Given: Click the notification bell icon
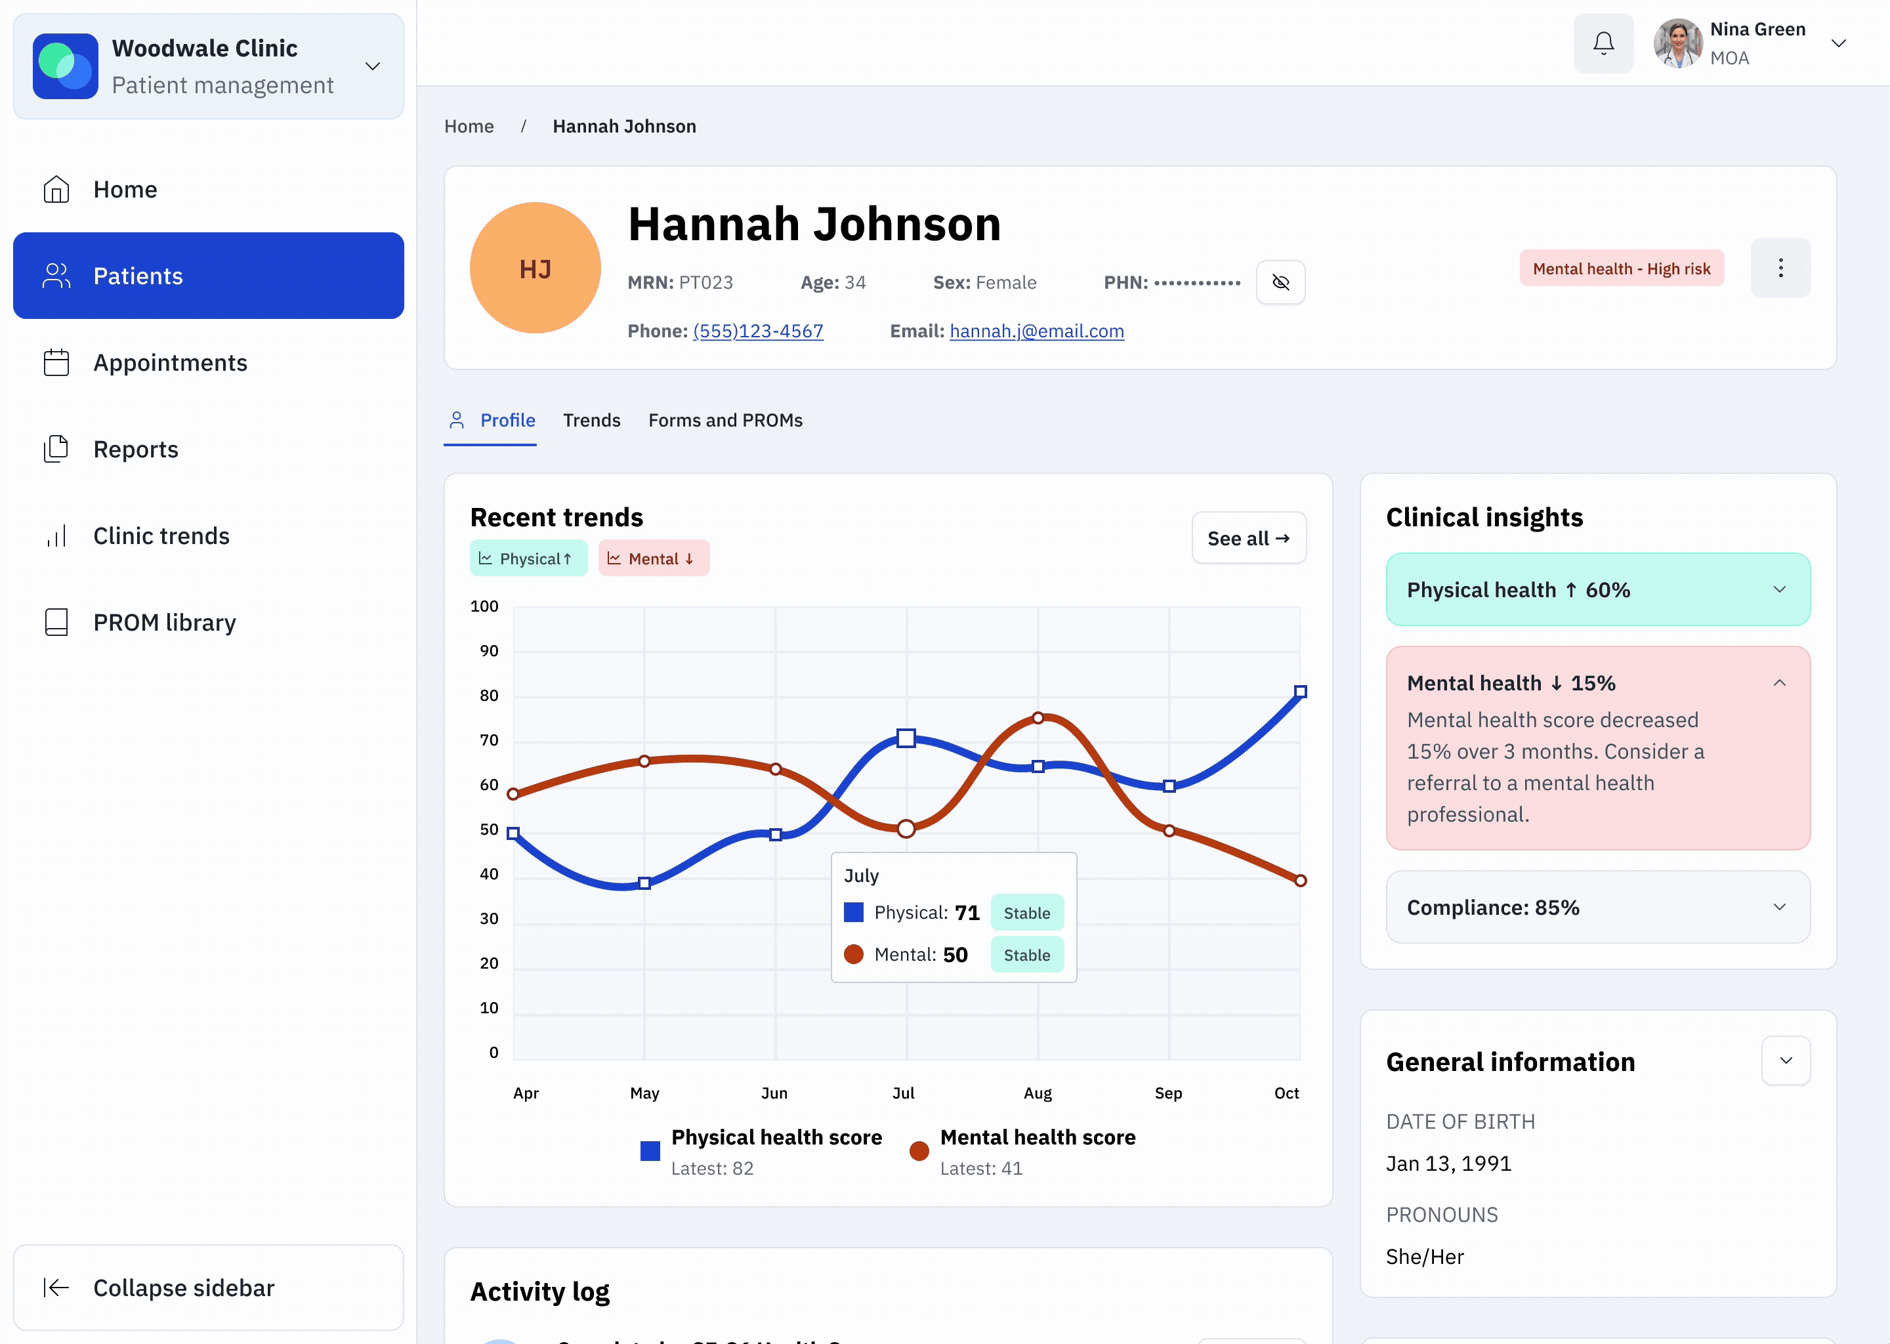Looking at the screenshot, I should click(1603, 43).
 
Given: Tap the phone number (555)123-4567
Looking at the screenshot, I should click(757, 331).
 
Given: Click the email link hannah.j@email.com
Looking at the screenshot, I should click(1036, 331).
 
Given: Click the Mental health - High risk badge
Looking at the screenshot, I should click(1621, 269).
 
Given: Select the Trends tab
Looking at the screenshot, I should click(591, 421).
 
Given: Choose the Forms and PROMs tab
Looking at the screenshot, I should click(725, 421).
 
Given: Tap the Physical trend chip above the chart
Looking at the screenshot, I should click(528, 558).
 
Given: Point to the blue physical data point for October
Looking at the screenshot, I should click(1300, 692).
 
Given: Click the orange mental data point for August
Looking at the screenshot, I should click(1038, 717).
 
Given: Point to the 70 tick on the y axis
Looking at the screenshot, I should click(488, 740).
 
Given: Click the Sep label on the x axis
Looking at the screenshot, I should click(1167, 1093).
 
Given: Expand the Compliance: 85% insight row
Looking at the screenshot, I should click(1597, 907).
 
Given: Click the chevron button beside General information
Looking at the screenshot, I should click(1785, 1061).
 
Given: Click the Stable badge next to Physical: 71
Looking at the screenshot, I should click(1026, 913).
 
